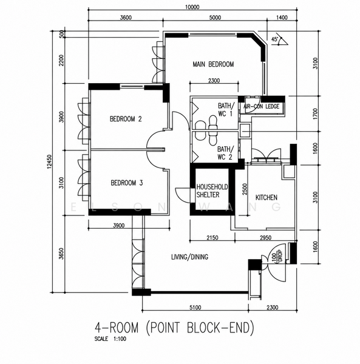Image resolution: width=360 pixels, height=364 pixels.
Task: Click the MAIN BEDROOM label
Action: point(213,64)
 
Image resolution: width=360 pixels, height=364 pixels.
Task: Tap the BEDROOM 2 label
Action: point(126,119)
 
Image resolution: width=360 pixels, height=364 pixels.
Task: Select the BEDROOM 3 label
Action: point(127,183)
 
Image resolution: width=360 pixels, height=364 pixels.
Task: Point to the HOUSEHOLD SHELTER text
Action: point(212,191)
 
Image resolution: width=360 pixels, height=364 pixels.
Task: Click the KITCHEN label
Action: point(267,198)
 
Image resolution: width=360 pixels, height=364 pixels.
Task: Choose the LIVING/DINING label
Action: point(189,257)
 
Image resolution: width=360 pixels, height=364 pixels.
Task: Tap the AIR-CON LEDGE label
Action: point(261,106)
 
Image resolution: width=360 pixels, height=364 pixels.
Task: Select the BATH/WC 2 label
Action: point(225,153)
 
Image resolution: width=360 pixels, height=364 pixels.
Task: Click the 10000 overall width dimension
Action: point(192,7)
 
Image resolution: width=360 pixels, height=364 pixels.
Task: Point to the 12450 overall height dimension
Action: point(49,161)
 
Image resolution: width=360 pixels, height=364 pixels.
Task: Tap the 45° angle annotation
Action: point(274,39)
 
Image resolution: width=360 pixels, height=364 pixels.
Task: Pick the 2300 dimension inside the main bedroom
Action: point(214,81)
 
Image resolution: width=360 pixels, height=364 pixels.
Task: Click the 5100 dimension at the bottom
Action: point(195,308)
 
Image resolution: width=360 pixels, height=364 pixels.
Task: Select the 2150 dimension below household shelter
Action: point(212,237)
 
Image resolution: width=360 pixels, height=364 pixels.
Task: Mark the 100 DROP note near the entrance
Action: point(277,256)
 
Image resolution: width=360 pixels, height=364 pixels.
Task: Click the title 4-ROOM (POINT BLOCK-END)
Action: point(174,328)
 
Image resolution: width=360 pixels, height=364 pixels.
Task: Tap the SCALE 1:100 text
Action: point(110,339)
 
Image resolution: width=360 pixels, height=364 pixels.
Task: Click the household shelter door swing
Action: point(183,195)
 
